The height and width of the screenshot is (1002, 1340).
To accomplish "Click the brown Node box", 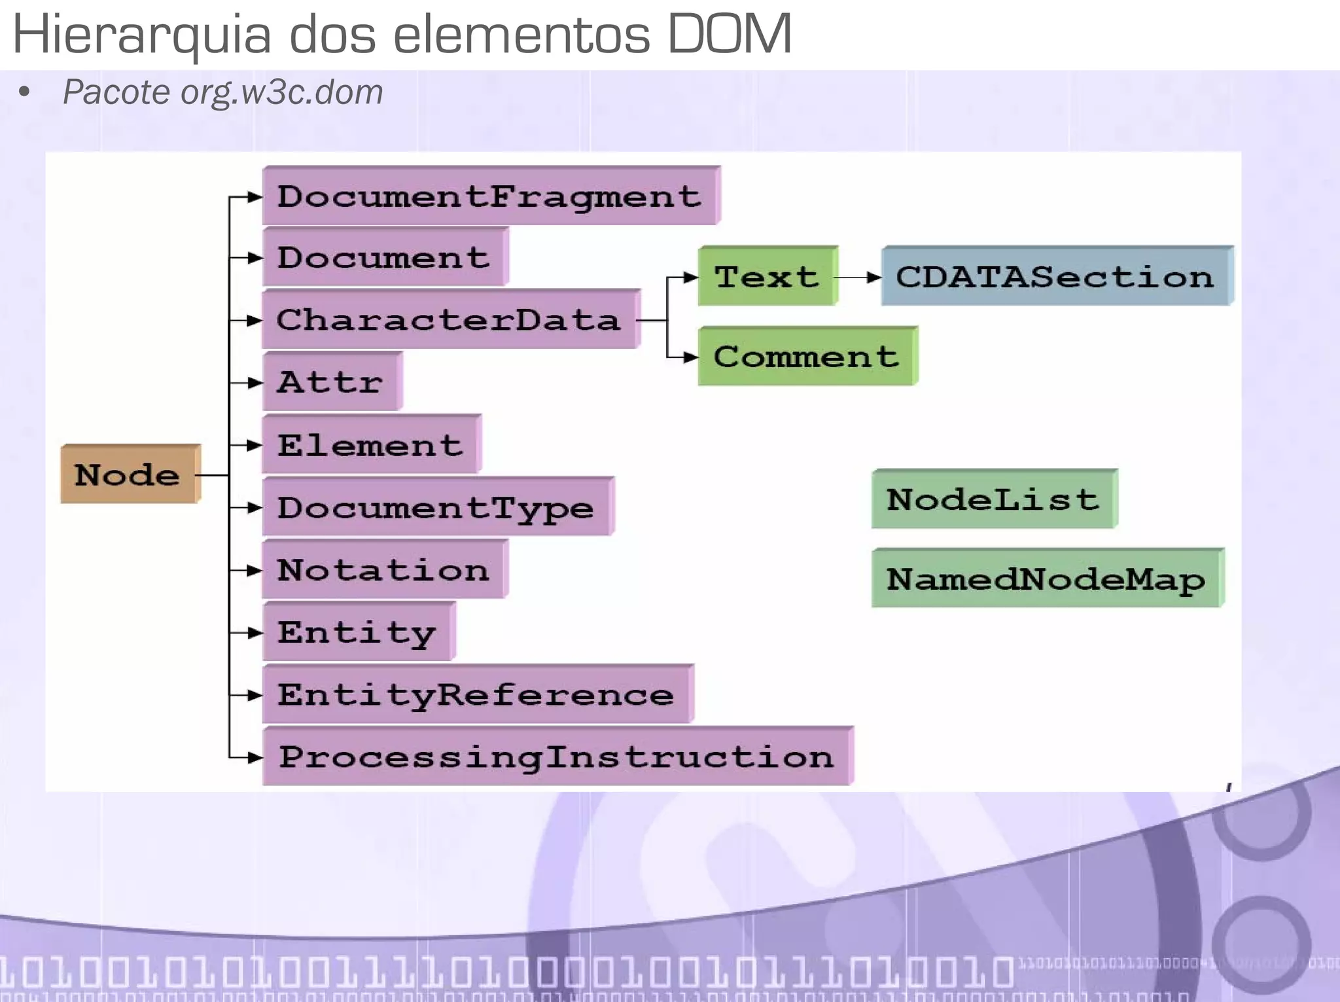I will tap(130, 474).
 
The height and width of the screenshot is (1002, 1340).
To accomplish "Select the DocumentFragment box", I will tap(491, 196).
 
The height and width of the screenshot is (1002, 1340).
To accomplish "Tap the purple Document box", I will tap(385, 257).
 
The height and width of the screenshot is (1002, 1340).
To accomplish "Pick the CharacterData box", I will tap(450, 319).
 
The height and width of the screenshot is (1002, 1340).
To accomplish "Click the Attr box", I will tap(332, 382).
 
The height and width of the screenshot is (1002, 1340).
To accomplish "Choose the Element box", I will tap(371, 444).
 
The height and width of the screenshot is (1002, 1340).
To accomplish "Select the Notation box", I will tap(385, 569).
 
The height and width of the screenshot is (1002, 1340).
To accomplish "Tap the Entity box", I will tap(358, 632).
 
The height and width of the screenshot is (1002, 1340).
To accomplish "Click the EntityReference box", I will tap(477, 694).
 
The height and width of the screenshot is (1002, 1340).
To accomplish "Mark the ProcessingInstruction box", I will tap(557, 757).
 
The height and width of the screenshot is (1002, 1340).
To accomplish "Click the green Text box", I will tap(767, 276).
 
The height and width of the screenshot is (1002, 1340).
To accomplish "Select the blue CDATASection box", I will tap(1056, 276).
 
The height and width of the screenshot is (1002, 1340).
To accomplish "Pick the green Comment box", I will tap(807, 356).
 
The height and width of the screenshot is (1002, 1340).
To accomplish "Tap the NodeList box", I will tap(994, 499).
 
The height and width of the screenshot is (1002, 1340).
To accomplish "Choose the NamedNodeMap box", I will tap(1047, 579).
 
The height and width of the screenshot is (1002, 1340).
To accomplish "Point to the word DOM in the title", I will tap(730, 34).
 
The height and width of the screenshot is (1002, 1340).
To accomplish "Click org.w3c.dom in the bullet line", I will tap(282, 92).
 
